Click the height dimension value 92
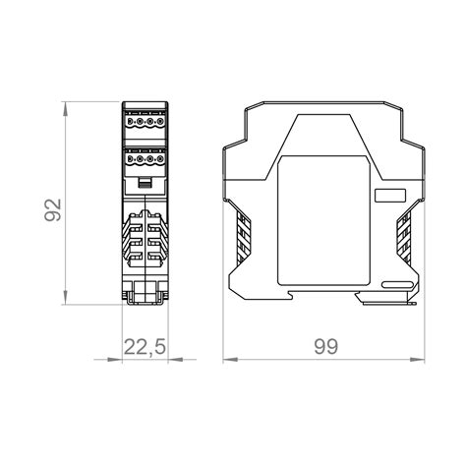(53, 210)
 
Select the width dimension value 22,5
(145, 347)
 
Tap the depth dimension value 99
(325, 347)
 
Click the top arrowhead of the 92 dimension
(66, 109)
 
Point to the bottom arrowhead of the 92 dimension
(66, 297)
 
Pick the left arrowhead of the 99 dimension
(230, 360)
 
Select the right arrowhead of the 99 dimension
(417, 360)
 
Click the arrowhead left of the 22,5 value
(115, 360)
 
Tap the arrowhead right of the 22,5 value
(175, 360)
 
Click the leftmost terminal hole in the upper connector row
(130, 122)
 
